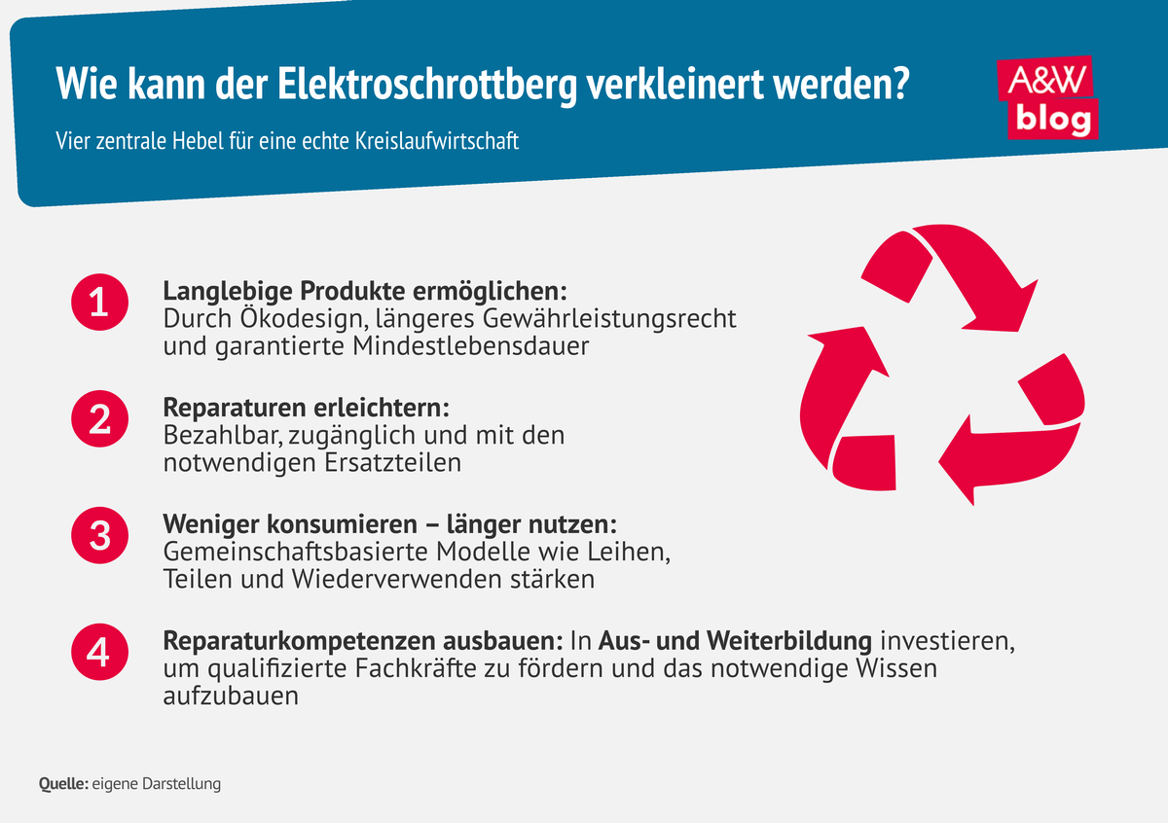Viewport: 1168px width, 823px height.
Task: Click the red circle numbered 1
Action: [98, 304]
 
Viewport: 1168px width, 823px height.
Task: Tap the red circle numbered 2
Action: [98, 419]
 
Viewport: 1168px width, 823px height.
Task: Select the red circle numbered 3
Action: [98, 536]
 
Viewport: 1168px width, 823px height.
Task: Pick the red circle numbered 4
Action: [98, 653]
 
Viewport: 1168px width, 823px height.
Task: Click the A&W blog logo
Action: [1048, 97]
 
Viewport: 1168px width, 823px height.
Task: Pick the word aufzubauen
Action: [230, 696]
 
